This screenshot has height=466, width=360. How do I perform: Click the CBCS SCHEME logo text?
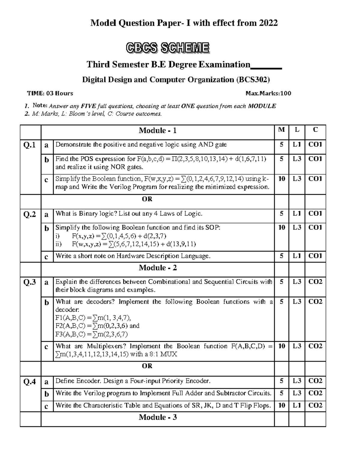click(167, 48)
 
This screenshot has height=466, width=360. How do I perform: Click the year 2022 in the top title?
click(268, 23)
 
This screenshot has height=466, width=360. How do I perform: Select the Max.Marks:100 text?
click(268, 93)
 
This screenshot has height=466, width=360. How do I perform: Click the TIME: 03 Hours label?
click(50, 93)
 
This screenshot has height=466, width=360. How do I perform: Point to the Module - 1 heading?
click(157, 131)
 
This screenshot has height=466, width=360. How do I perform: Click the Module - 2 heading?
click(157, 268)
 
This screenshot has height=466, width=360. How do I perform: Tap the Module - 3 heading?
click(157, 417)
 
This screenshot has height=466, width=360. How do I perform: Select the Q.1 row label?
click(29, 145)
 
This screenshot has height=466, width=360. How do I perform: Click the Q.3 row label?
click(29, 282)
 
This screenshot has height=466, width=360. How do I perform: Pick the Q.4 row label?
click(29, 382)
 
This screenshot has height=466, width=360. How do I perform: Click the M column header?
click(281, 130)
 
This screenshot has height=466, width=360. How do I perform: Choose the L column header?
click(297, 130)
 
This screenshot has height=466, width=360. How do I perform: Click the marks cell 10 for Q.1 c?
click(281, 179)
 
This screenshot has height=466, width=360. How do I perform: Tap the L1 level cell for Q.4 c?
click(297, 405)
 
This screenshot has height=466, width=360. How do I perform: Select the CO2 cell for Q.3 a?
click(315, 282)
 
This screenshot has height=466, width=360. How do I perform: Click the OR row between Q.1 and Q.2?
click(147, 199)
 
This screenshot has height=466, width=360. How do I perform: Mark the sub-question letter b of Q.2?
click(46, 229)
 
